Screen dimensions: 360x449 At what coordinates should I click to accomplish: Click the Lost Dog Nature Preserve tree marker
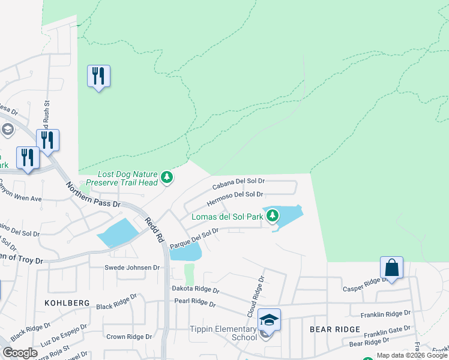pyautogui.click(x=167, y=178)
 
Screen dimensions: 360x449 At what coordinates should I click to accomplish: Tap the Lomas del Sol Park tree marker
pyautogui.click(x=273, y=215)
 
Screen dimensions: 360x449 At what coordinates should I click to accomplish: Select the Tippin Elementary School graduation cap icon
pyautogui.click(x=269, y=320)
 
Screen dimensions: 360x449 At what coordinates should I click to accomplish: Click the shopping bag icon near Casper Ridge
pyautogui.click(x=391, y=268)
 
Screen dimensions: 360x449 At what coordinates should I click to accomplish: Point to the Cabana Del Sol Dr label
pyautogui.click(x=238, y=181)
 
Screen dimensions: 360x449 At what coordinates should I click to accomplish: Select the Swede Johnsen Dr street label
pyautogui.click(x=132, y=268)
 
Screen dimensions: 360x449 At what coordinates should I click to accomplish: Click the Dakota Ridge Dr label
pyautogui.click(x=196, y=289)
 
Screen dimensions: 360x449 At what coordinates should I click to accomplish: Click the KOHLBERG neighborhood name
pyautogui.click(x=67, y=303)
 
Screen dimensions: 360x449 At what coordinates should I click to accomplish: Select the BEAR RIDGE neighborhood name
pyautogui.click(x=334, y=329)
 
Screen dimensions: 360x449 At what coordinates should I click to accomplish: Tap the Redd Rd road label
pyautogui.click(x=154, y=229)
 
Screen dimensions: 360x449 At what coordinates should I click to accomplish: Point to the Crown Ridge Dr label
pyautogui.click(x=124, y=337)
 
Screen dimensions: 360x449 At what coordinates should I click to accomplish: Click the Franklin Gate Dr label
pyautogui.click(x=386, y=331)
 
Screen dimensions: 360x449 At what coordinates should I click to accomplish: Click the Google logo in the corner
pyautogui.click(x=20, y=353)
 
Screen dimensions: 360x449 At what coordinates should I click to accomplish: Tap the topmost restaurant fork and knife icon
pyautogui.click(x=98, y=76)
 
